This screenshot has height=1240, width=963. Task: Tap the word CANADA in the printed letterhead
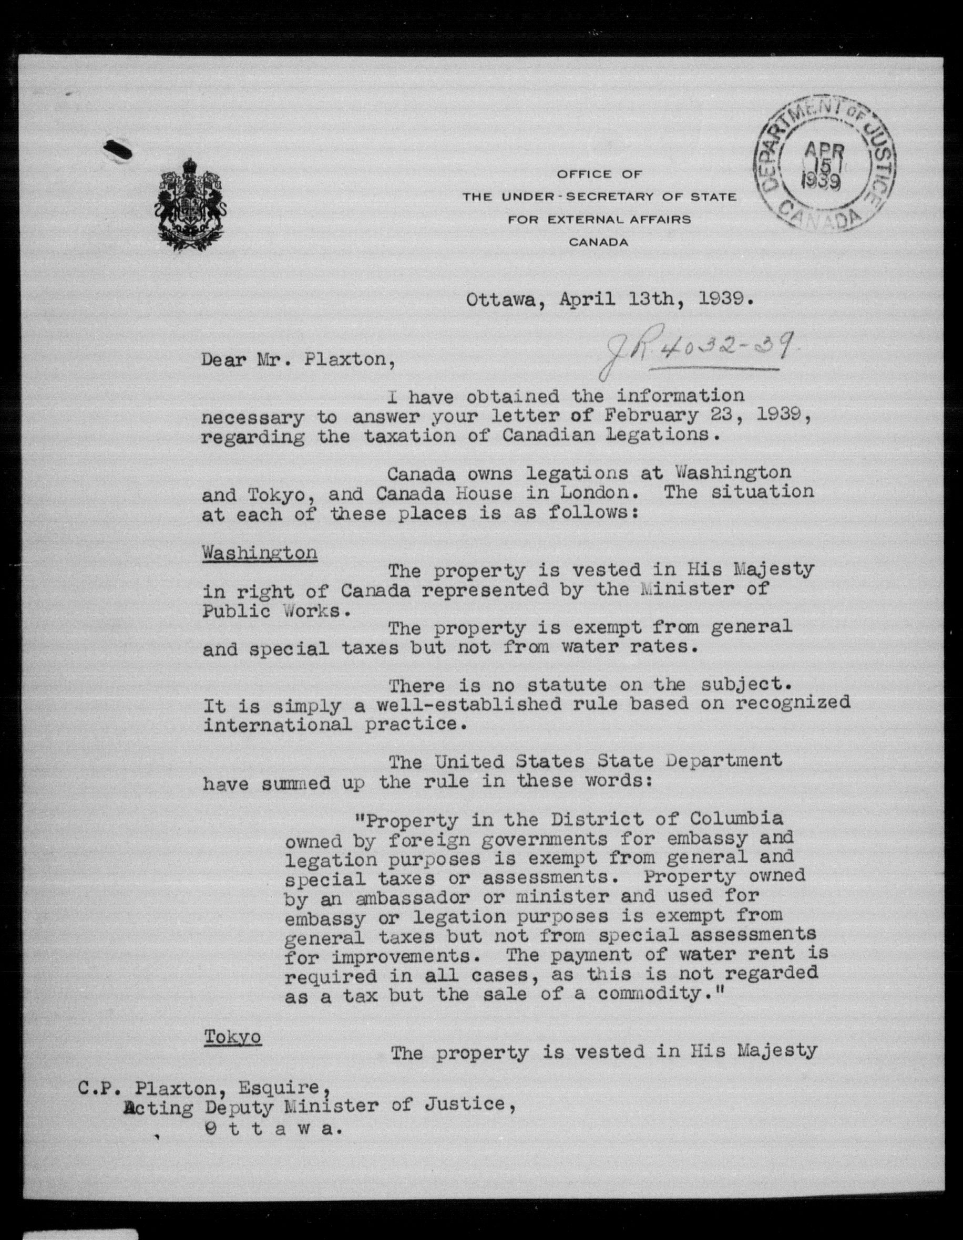(x=598, y=243)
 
